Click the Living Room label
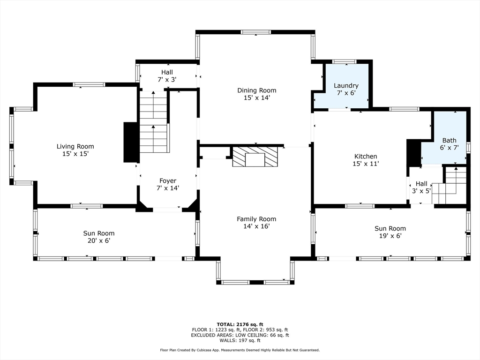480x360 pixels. tap(75, 146)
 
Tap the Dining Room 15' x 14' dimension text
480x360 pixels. tap(256, 98)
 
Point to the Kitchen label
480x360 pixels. tap(366, 156)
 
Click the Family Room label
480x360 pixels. tap(256, 219)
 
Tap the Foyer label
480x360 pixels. tap(168, 181)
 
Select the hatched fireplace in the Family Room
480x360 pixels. tap(255, 157)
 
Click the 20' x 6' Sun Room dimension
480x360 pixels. tap(99, 240)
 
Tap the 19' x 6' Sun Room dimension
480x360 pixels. tap(390, 236)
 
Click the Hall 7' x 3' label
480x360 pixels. tap(167, 76)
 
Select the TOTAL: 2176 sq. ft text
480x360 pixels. tap(240, 324)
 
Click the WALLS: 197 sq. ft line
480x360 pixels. tap(240, 340)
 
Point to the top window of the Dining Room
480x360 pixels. tap(255, 32)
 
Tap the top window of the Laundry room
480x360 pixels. tap(345, 61)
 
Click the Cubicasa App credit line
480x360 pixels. tap(240, 350)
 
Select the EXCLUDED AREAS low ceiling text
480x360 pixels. tap(240, 335)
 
